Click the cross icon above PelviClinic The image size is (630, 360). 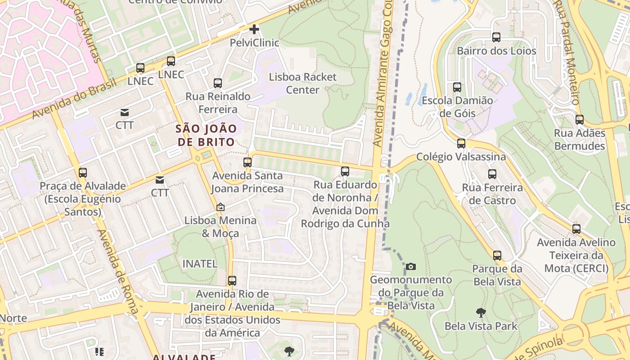pyautogui.click(x=254, y=30)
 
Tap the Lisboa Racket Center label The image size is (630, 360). pyautogui.click(x=302, y=83)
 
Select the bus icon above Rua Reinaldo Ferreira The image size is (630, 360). pyautogui.click(x=218, y=83)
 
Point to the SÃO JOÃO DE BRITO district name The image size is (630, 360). pyautogui.click(x=206, y=135)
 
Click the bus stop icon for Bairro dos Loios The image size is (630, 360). pyautogui.click(x=496, y=37)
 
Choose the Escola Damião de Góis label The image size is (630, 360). pyautogui.click(x=457, y=107)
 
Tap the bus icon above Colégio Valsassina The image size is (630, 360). pyautogui.click(x=461, y=144)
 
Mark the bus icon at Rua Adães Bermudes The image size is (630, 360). pyautogui.click(x=580, y=120)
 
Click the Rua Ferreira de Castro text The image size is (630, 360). pyautogui.click(x=492, y=194)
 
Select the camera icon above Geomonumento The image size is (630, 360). pyautogui.click(x=411, y=266)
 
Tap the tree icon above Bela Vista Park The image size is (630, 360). pyautogui.click(x=481, y=312)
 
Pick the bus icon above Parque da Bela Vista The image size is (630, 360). pyautogui.click(x=497, y=256)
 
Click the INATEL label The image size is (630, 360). pyautogui.click(x=200, y=264)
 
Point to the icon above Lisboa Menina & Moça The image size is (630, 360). pyautogui.click(x=220, y=207)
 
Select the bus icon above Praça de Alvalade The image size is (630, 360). pyautogui.click(x=83, y=173)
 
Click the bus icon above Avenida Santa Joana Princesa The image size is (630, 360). pyautogui.click(x=247, y=162)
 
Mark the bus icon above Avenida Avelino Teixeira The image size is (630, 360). pyautogui.click(x=576, y=229)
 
